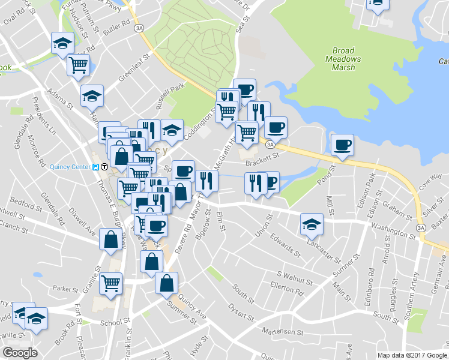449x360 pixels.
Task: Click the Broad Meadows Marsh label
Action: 343,59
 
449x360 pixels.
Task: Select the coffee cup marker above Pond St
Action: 342,145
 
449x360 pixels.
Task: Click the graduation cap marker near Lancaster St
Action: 312,225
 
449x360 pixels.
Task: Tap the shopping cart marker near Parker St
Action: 110,284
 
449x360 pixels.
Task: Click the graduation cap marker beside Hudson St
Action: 62,44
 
